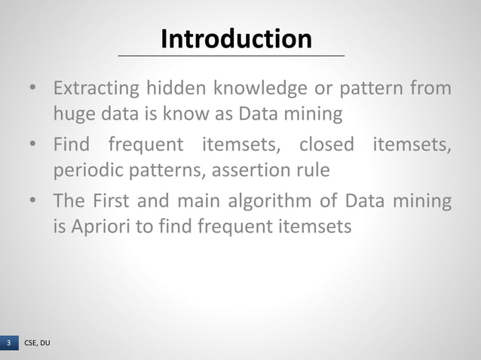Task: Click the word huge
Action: coord(72,114)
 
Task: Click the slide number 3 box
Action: coord(9,343)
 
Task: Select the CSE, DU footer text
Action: coord(38,343)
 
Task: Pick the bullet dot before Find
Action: coord(33,143)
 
